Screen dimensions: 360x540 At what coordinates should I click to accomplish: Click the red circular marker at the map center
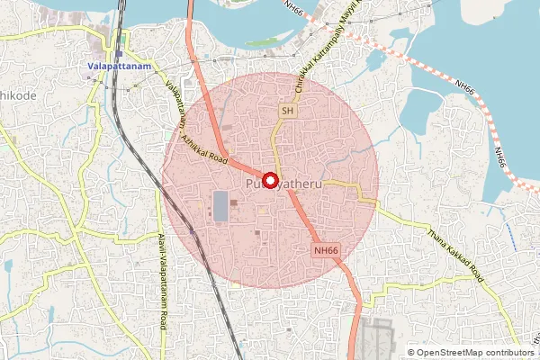click(x=270, y=178)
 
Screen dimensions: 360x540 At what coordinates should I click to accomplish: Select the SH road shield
click(x=287, y=111)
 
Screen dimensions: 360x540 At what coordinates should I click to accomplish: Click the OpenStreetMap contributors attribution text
click(x=475, y=353)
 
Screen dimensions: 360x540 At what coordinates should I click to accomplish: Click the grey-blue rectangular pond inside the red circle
click(x=220, y=205)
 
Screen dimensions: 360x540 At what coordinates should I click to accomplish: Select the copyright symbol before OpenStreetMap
click(x=411, y=353)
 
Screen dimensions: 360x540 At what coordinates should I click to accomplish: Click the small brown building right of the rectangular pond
click(x=236, y=202)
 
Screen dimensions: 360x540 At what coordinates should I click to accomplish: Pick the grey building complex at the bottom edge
click(x=378, y=340)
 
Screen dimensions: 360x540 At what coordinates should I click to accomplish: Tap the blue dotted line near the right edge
click(x=509, y=238)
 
